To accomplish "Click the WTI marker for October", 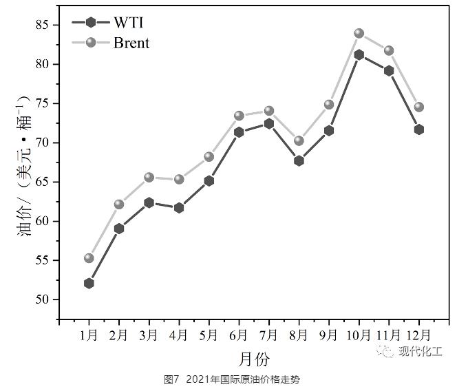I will tap(359, 54).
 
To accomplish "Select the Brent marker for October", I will tap(359, 33).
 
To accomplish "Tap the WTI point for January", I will tap(89, 283).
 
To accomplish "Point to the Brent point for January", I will tap(89, 258).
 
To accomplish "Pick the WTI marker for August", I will tap(299, 160).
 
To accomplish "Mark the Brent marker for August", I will tap(299, 140).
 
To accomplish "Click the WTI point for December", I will tap(419, 129).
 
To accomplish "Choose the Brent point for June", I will tap(239, 116).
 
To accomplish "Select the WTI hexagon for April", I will tap(179, 207).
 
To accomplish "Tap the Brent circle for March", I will tap(149, 177).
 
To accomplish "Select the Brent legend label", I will tap(131, 43).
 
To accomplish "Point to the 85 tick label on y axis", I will tap(44, 25).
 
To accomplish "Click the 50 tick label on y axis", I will tap(44, 300).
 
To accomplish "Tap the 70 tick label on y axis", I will tap(44, 143).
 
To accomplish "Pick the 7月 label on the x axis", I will tap(268, 336).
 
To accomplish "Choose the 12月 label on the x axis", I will tap(418, 336).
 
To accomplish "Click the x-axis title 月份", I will tap(254, 359).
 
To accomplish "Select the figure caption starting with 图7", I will tap(232, 379).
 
